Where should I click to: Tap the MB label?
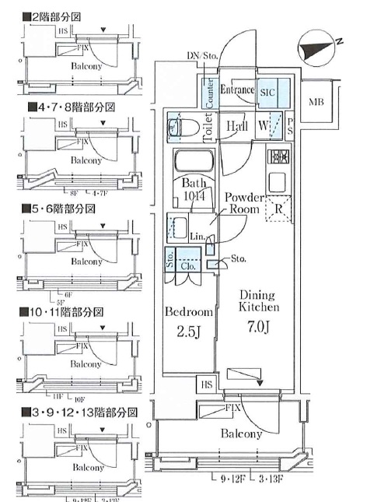coord(316,102)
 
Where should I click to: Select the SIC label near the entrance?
coord(267,91)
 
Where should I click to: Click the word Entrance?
coord(237,90)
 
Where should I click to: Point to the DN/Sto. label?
coord(205,56)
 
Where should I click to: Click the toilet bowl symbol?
coord(180,127)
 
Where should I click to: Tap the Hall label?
coord(237,126)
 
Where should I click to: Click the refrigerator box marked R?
coord(278,208)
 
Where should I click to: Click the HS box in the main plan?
coord(207,384)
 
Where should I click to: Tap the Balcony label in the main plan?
coord(241,434)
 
